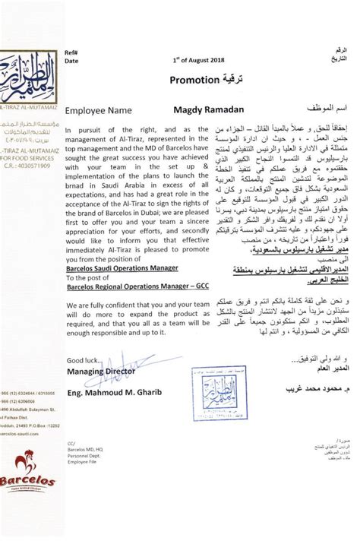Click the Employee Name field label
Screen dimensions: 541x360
coord(98,110)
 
